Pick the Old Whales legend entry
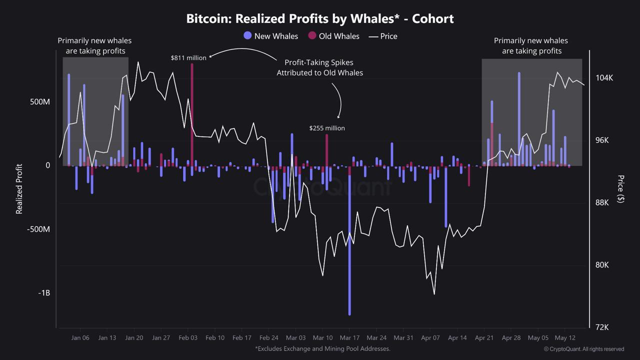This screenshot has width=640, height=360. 333,36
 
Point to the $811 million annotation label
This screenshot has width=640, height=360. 188,58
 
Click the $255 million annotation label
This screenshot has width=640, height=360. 327,128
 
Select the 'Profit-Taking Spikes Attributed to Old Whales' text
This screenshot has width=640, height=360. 320,67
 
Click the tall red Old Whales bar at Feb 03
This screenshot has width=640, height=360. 192,110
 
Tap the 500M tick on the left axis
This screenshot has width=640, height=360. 40,101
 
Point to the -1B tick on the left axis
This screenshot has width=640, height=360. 44,292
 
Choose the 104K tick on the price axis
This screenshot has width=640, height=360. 604,78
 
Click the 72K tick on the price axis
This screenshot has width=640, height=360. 602,327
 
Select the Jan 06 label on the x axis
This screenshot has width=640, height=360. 80,338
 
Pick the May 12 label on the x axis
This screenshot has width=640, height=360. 565,338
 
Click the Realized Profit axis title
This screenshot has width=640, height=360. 19,189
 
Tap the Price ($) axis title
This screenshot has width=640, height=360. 620,189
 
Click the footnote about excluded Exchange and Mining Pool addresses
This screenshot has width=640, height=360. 322,348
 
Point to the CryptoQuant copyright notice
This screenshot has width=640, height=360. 583,349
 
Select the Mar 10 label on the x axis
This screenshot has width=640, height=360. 322,338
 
